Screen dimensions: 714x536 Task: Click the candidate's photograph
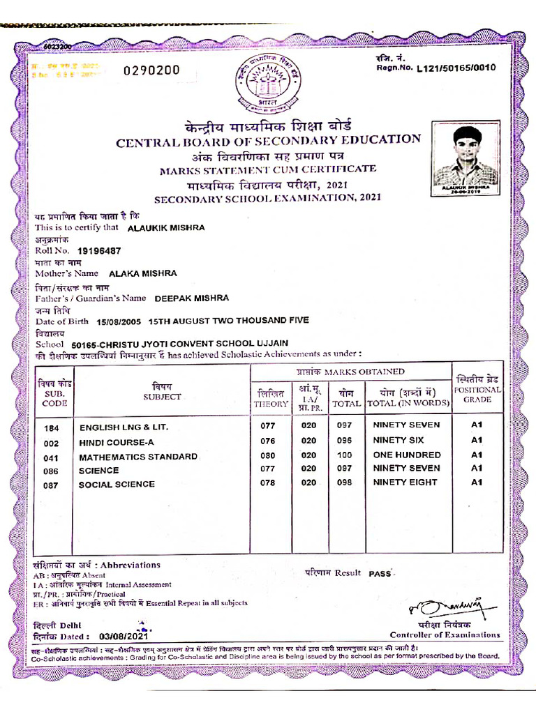click(x=464, y=157)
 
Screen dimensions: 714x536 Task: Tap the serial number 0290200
click(x=151, y=70)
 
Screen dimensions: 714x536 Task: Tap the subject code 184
click(x=51, y=427)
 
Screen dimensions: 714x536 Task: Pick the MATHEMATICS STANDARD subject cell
click(x=138, y=457)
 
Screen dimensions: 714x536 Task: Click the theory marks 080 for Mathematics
click(x=268, y=455)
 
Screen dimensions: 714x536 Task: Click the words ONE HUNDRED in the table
click(x=407, y=455)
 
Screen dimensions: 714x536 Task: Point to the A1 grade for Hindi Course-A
click(x=477, y=440)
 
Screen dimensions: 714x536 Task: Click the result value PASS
click(x=380, y=573)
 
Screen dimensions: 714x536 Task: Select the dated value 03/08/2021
click(x=124, y=636)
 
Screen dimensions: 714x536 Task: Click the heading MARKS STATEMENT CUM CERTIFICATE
click(x=267, y=169)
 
